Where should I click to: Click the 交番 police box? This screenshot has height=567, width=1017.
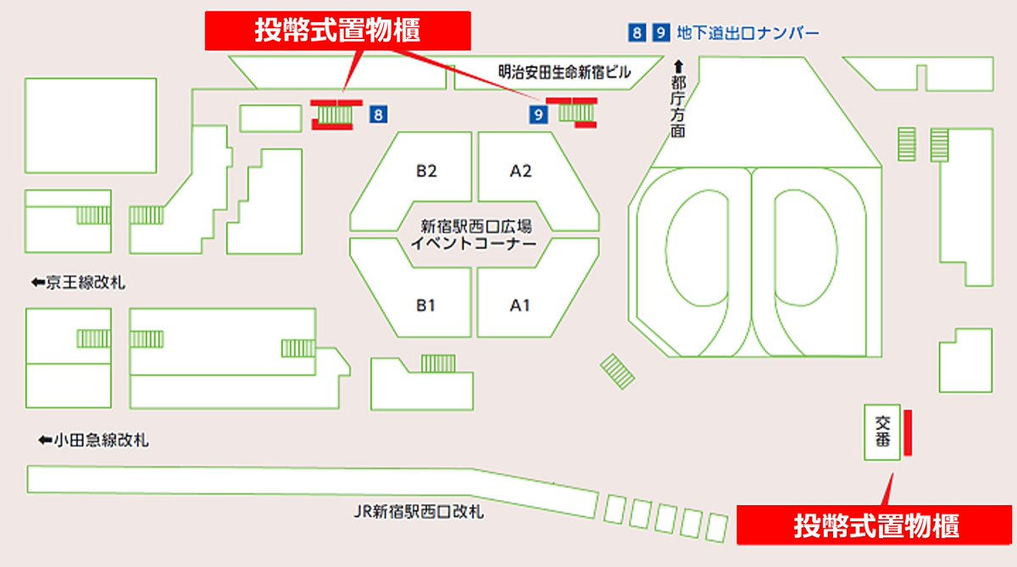(x=881, y=432)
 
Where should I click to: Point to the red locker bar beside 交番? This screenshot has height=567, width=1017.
(x=907, y=432)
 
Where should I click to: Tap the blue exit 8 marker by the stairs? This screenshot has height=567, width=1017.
(x=379, y=114)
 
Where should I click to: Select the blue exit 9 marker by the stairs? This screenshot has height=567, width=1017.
(x=536, y=114)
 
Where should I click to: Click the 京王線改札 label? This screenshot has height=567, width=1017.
(x=85, y=283)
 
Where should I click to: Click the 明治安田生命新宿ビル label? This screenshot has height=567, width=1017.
(x=564, y=73)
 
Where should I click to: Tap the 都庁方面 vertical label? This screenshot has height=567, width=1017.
(x=677, y=106)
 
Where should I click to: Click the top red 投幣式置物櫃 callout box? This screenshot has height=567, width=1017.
(x=338, y=31)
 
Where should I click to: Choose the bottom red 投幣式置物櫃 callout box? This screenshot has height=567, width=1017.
(x=875, y=525)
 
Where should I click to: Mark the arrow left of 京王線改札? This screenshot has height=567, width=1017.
(x=36, y=283)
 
